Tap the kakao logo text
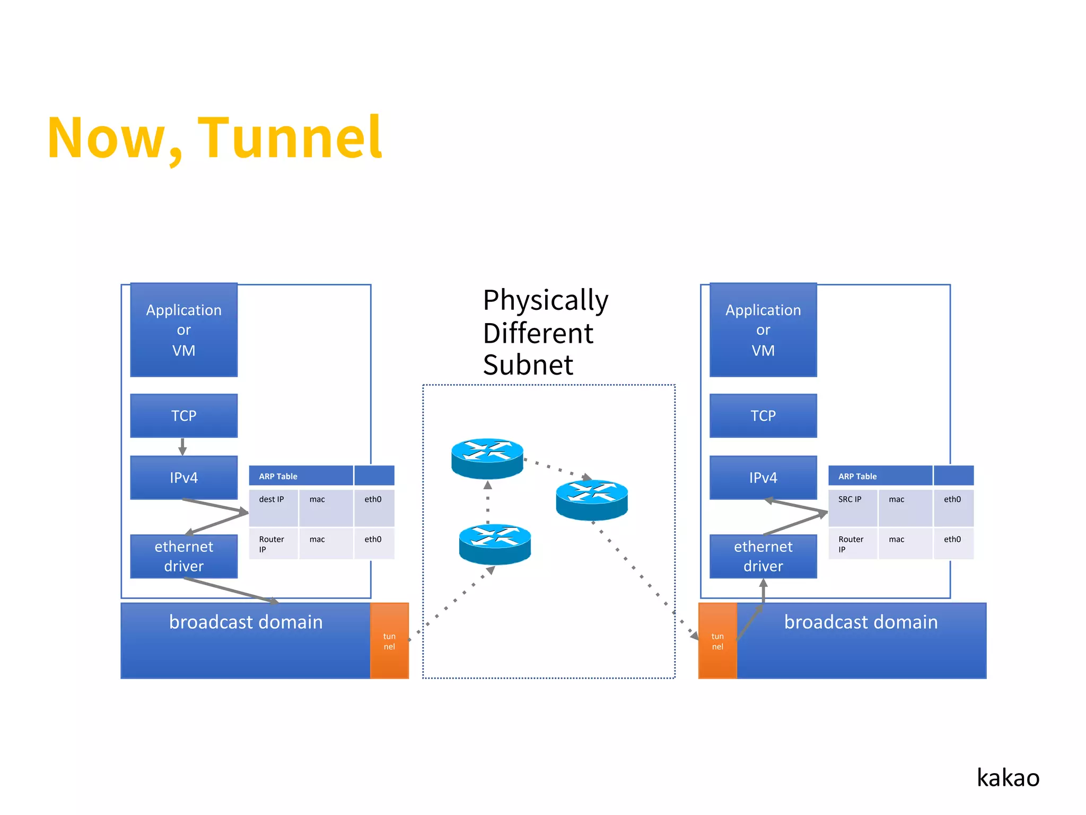click(1008, 778)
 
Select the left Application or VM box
click(183, 330)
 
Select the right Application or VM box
click(763, 330)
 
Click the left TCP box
click(183, 415)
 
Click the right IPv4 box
click(763, 478)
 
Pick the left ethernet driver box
click(183, 556)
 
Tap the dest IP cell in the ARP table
click(273, 507)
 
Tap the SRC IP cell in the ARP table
click(852, 507)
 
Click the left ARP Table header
click(300, 476)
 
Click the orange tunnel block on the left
click(389, 641)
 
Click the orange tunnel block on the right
click(717, 641)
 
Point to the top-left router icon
click(487, 457)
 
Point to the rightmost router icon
click(592, 499)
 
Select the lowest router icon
click(495, 543)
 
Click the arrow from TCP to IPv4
click(182, 447)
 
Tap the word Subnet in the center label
click(528, 365)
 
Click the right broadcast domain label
click(861, 622)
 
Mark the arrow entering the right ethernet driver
click(763, 592)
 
